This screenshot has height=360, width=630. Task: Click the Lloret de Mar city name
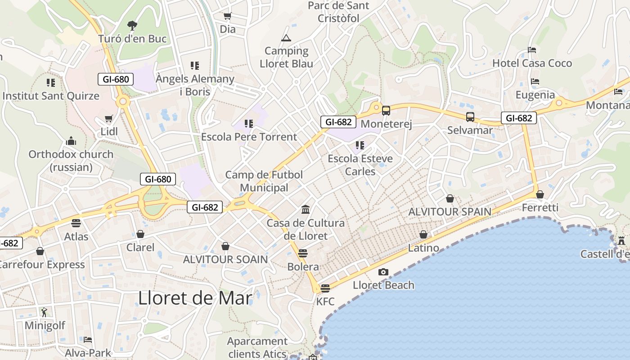tap(195, 298)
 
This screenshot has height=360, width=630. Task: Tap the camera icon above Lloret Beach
tap(383, 272)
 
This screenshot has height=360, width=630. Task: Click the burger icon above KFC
tap(325, 288)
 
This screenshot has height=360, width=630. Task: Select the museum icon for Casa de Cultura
tap(306, 209)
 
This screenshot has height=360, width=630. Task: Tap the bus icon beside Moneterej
tap(386, 110)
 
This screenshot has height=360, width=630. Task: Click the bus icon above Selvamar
tap(470, 117)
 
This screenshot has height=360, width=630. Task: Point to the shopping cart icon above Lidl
tap(108, 118)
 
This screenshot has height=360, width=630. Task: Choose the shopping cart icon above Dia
tap(227, 16)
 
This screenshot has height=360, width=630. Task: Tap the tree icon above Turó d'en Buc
tap(132, 25)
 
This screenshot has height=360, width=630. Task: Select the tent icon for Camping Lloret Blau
tap(286, 38)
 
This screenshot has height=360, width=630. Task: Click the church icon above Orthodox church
tap(71, 141)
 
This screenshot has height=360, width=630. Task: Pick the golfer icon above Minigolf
tap(44, 312)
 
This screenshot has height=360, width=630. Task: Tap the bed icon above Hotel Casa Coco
tap(532, 50)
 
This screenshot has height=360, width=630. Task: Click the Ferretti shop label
tap(540, 207)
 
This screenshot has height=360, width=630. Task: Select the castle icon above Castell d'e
tap(621, 241)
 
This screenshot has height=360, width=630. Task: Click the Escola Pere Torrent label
tap(249, 137)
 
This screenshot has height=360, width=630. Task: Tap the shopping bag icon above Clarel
tap(140, 234)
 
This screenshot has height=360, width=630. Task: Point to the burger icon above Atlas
tap(76, 223)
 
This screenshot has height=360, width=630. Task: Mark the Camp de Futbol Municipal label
tap(264, 181)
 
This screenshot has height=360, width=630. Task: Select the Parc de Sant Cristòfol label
tap(338, 12)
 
